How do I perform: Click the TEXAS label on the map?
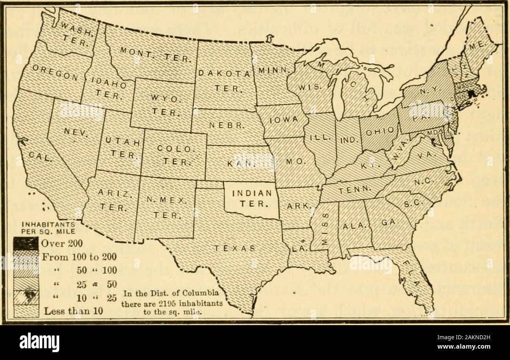click(234, 248)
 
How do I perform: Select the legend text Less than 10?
click(73, 312)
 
